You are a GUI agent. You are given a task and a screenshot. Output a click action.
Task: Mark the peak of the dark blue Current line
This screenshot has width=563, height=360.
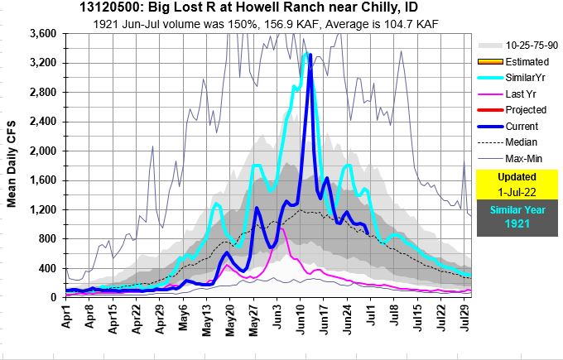coord(310,55)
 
